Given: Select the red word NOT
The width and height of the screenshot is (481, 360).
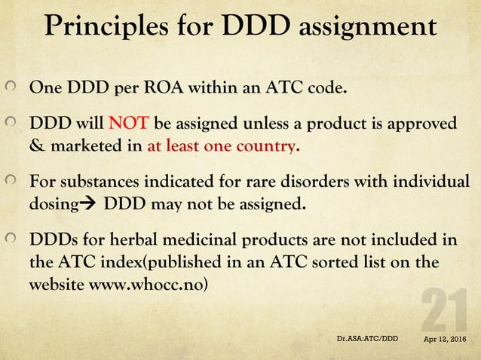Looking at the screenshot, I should [130, 124].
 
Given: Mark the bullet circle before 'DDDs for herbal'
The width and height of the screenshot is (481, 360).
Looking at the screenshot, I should [13, 242].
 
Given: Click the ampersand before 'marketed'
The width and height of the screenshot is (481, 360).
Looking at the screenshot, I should [35, 145].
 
